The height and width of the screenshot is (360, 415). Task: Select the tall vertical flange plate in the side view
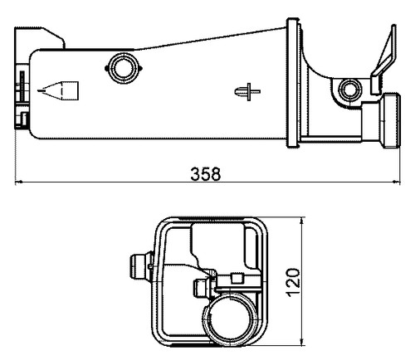click(292, 83)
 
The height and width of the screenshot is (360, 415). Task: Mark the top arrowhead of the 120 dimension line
click(303, 221)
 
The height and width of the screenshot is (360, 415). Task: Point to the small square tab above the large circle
click(236, 278)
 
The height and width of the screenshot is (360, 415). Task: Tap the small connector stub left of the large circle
click(200, 288)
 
